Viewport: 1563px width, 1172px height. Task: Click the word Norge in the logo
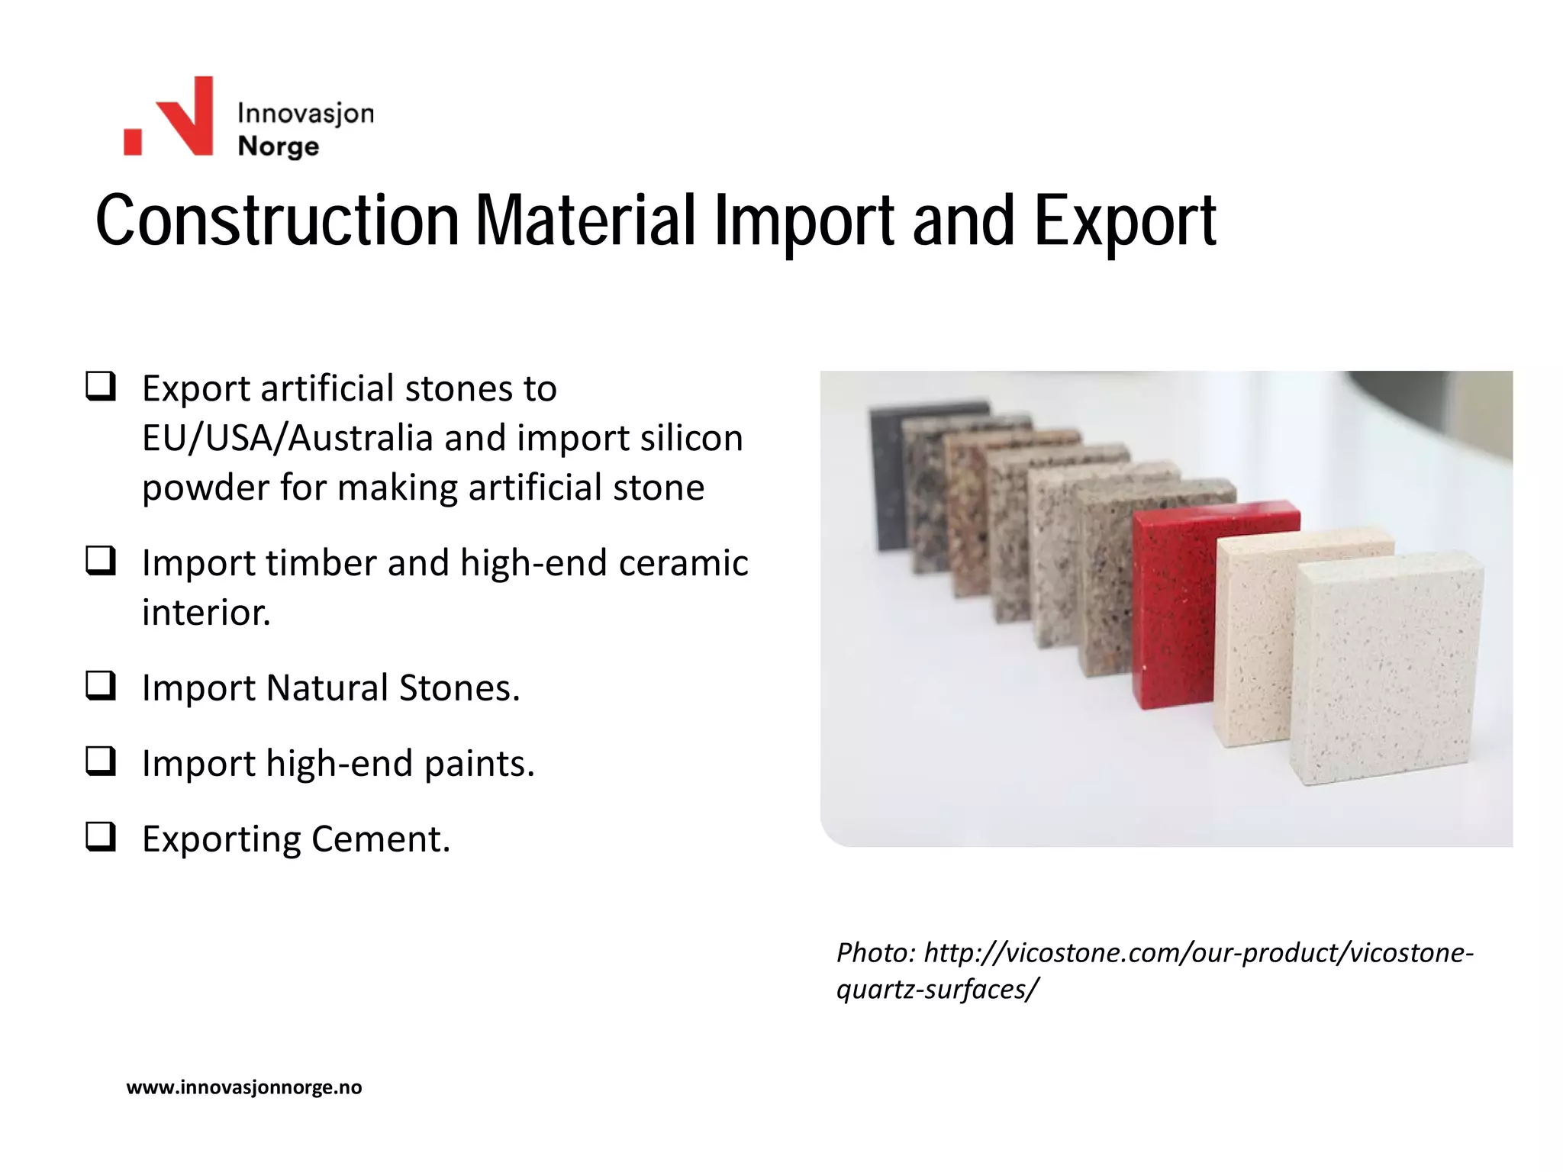(x=278, y=146)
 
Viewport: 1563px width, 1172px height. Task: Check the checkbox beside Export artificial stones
(x=100, y=386)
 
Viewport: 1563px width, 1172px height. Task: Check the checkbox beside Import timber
(x=100, y=561)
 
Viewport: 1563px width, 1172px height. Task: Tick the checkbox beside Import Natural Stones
(x=100, y=686)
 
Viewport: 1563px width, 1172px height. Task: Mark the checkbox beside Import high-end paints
(x=100, y=761)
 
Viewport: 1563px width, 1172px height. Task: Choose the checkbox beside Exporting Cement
(x=100, y=837)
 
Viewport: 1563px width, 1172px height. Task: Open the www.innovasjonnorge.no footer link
(x=244, y=1087)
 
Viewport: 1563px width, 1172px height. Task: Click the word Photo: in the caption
(x=875, y=953)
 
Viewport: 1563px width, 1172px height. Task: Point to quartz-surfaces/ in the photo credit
(x=937, y=990)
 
